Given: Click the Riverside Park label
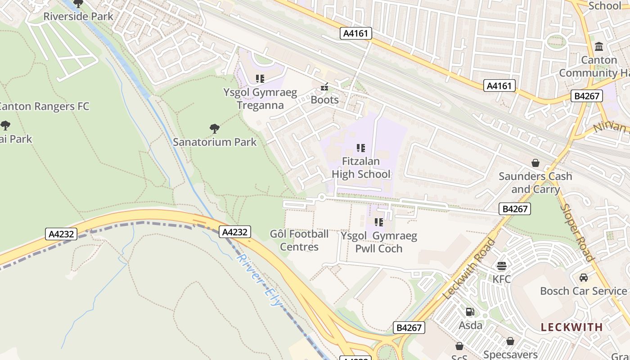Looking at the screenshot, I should pos(78,17).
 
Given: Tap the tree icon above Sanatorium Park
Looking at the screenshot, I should pos(215,129).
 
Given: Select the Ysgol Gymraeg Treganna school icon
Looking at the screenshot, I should pos(260,79).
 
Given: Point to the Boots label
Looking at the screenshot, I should pos(324,100).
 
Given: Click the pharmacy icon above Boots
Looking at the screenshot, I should pos(324,87).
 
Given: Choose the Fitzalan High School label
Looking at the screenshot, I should pos(361,167).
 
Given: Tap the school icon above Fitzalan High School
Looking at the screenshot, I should pos(360,148).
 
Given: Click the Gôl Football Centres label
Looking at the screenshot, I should pos(299,240).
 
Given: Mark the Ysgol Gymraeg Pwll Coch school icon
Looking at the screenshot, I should pos(379,222).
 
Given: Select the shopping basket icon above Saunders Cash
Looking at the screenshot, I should pos(535,163).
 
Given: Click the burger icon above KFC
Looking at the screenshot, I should pos(501,266).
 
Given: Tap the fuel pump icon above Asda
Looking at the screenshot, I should pos(470,312).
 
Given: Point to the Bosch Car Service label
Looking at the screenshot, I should pos(583,291).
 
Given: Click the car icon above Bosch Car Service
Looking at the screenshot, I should pos(584,278).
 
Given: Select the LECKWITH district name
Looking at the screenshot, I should pos(571,327).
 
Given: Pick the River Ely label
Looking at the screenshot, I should pos(259,280).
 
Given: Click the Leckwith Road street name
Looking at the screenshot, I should pos(469,269).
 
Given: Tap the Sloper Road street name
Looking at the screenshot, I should pos(578,233).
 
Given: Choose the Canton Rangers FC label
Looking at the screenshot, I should pos(44,107).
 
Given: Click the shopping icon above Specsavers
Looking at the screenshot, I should pos(510,342).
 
